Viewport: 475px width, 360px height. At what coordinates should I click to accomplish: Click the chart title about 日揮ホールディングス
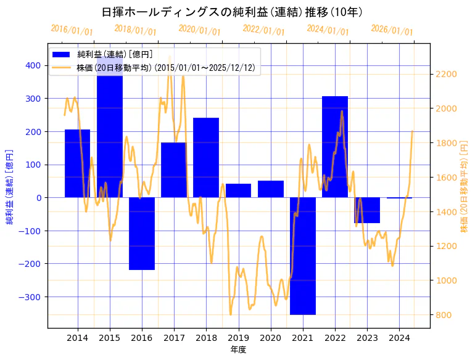point(231,12)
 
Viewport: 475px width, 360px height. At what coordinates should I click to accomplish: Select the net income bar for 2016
point(142,234)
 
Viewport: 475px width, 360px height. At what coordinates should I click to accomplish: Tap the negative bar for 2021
point(303,256)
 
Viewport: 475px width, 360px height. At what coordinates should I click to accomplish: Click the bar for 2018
point(206,158)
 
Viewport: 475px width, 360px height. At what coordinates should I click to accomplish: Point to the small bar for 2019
point(238,190)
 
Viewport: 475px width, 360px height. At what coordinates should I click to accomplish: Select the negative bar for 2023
point(367,210)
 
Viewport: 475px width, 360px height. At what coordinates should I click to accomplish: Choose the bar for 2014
point(78,163)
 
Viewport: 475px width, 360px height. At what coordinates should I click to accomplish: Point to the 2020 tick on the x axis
point(271,338)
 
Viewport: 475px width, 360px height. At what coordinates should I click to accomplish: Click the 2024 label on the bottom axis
point(399,338)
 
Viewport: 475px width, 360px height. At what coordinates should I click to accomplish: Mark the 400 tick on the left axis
point(33,65)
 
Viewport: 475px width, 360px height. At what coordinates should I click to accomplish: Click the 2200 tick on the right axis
point(445,74)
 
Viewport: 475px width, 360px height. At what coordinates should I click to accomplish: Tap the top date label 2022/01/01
point(263,30)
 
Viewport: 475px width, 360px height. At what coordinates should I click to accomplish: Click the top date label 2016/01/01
point(72,30)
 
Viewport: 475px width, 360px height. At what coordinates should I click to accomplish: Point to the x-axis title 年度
point(238,350)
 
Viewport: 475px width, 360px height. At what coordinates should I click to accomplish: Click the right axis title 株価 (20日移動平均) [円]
point(465,186)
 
